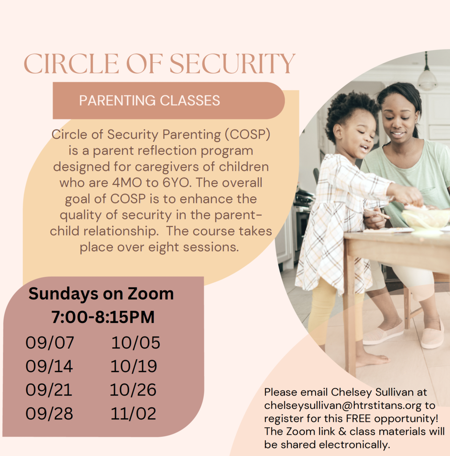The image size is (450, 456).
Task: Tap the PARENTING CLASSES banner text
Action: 150,101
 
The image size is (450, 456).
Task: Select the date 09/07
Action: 50,343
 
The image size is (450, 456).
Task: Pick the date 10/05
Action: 136,343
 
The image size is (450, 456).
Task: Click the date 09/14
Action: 49,366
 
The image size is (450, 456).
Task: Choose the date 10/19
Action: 134,366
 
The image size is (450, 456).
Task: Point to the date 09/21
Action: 49,390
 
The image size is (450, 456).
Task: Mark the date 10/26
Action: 133,390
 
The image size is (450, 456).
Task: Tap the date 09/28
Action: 49,414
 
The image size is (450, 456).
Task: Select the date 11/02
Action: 134,414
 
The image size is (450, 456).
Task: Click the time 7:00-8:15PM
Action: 103,318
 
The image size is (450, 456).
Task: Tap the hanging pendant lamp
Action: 427,78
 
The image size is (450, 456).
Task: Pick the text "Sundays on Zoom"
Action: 101,294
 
